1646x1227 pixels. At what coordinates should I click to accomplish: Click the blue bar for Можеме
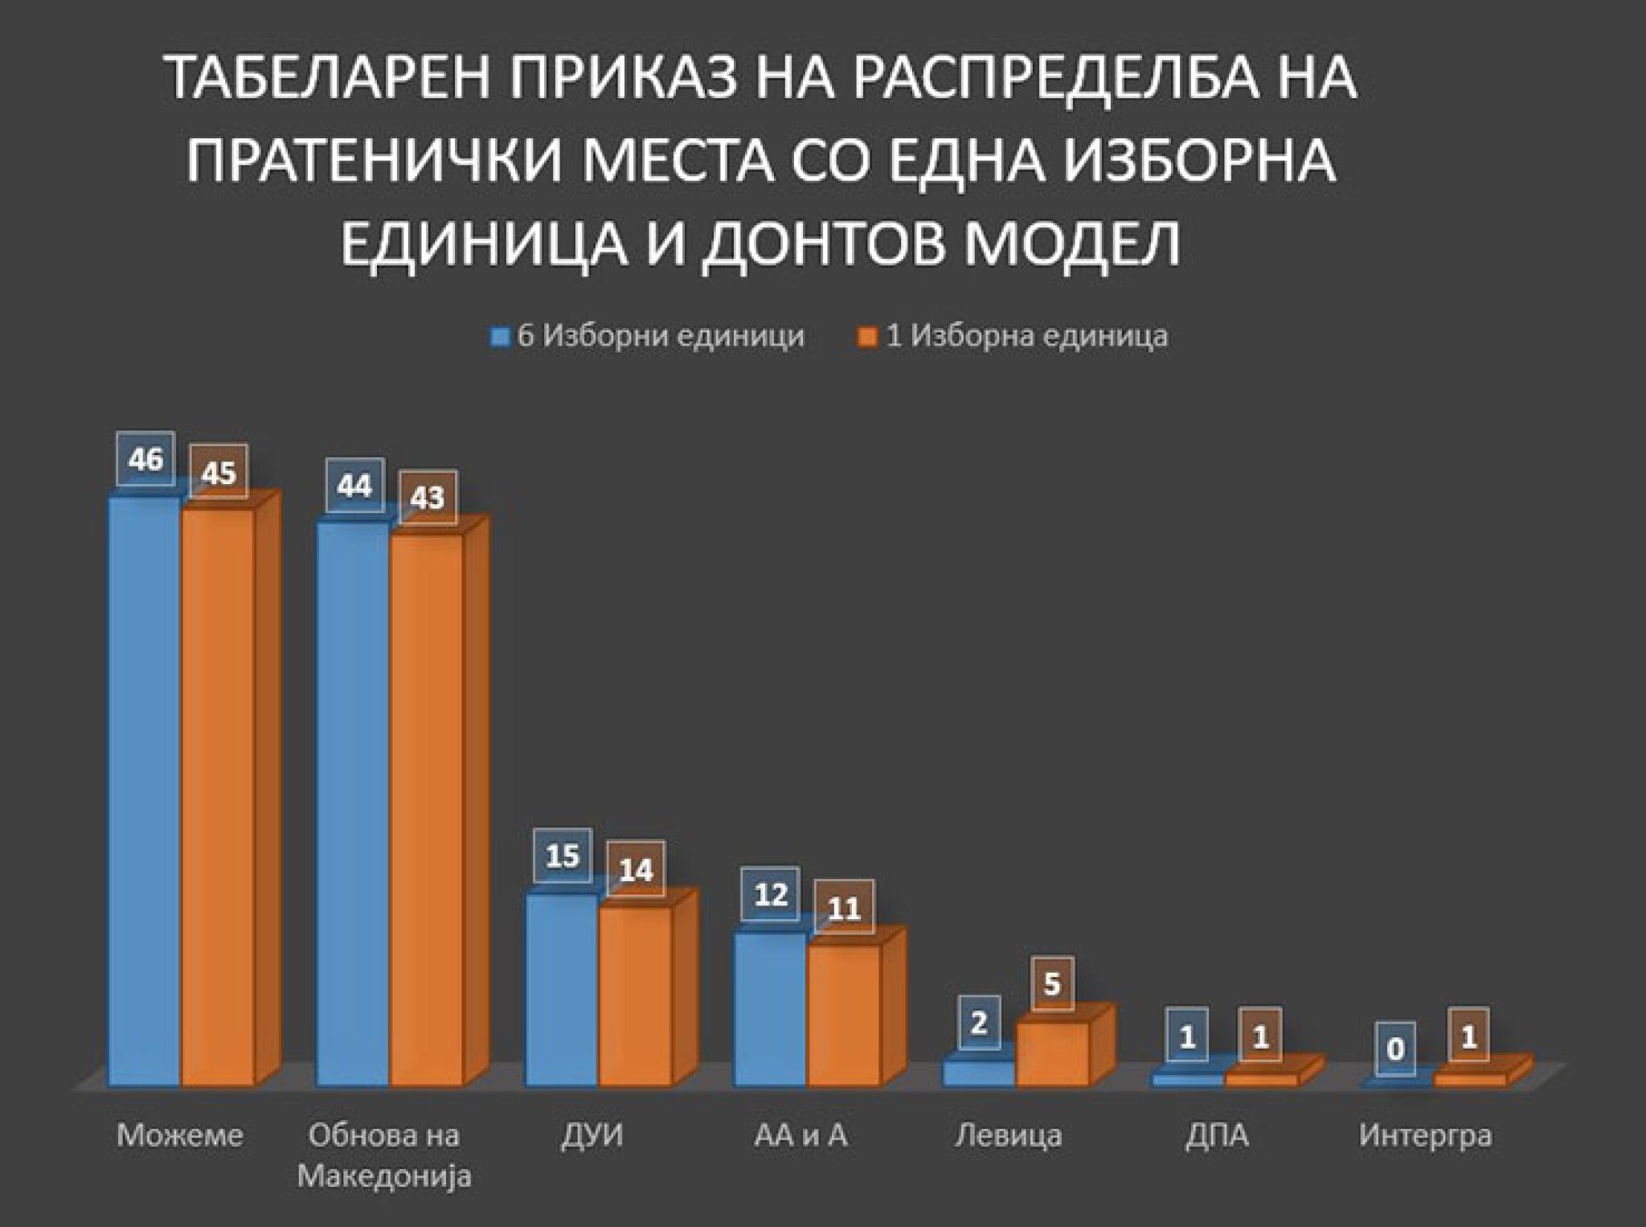click(x=145, y=792)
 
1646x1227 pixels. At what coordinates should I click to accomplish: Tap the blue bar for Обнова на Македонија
click(x=354, y=804)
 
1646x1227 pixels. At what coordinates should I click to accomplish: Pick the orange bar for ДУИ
click(x=635, y=997)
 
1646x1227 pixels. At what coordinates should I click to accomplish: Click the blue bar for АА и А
click(x=770, y=1009)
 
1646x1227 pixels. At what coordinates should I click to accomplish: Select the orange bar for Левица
click(x=1052, y=1054)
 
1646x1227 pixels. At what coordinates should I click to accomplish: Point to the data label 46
click(x=145, y=460)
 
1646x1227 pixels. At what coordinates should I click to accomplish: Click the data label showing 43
click(x=427, y=498)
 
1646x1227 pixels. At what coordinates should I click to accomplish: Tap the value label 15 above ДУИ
click(x=563, y=856)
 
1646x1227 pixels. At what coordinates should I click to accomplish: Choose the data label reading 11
click(x=844, y=909)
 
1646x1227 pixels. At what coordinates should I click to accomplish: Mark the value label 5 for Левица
click(x=1052, y=984)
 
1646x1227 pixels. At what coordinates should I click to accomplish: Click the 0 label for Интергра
click(x=1396, y=1049)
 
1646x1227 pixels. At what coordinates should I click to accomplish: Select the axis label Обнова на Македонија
click(x=384, y=1156)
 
